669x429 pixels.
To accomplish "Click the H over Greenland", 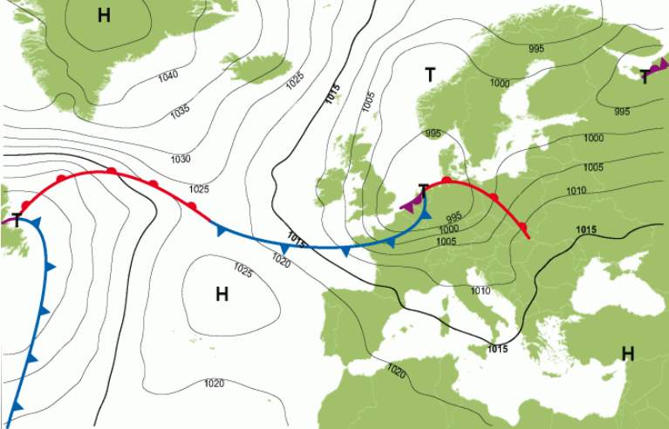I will pos(104,15).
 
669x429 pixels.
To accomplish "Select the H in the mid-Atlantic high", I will pos(222,294).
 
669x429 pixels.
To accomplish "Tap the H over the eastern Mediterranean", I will pos(627,353).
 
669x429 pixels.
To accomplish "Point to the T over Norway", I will pos(429,75).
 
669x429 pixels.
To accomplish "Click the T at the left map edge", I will pos(17,220).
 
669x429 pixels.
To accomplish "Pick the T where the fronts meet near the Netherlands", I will pos(423,190).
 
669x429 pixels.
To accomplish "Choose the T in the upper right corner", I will pos(645,77).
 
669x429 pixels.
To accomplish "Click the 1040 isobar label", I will pos(168,76).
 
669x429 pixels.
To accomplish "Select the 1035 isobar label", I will pos(180,112).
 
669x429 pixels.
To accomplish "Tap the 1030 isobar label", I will pos(181,159).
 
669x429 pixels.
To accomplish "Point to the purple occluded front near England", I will pos(407,204).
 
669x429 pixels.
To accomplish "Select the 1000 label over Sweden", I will pos(499,83).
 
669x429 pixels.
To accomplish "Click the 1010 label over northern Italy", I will pos(480,290).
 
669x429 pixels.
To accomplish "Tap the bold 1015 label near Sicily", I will pos(497,349).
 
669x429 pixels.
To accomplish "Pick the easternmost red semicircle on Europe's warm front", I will pos(522,228).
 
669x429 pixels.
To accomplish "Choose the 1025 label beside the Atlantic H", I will pos(242,272).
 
